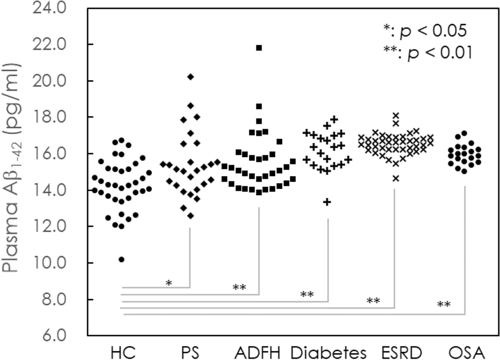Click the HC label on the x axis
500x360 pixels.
[123, 352]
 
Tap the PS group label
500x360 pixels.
[191, 352]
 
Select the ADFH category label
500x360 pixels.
[258, 352]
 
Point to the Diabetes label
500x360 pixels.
[328, 352]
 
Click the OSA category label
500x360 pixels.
[465, 352]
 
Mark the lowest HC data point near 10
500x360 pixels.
[122, 259]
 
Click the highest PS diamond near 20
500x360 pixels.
[191, 77]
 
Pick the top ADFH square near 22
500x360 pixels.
[259, 48]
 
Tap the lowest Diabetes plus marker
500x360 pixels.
[327, 202]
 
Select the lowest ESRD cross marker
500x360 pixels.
[396, 178]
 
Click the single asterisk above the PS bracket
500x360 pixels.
[168, 283]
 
